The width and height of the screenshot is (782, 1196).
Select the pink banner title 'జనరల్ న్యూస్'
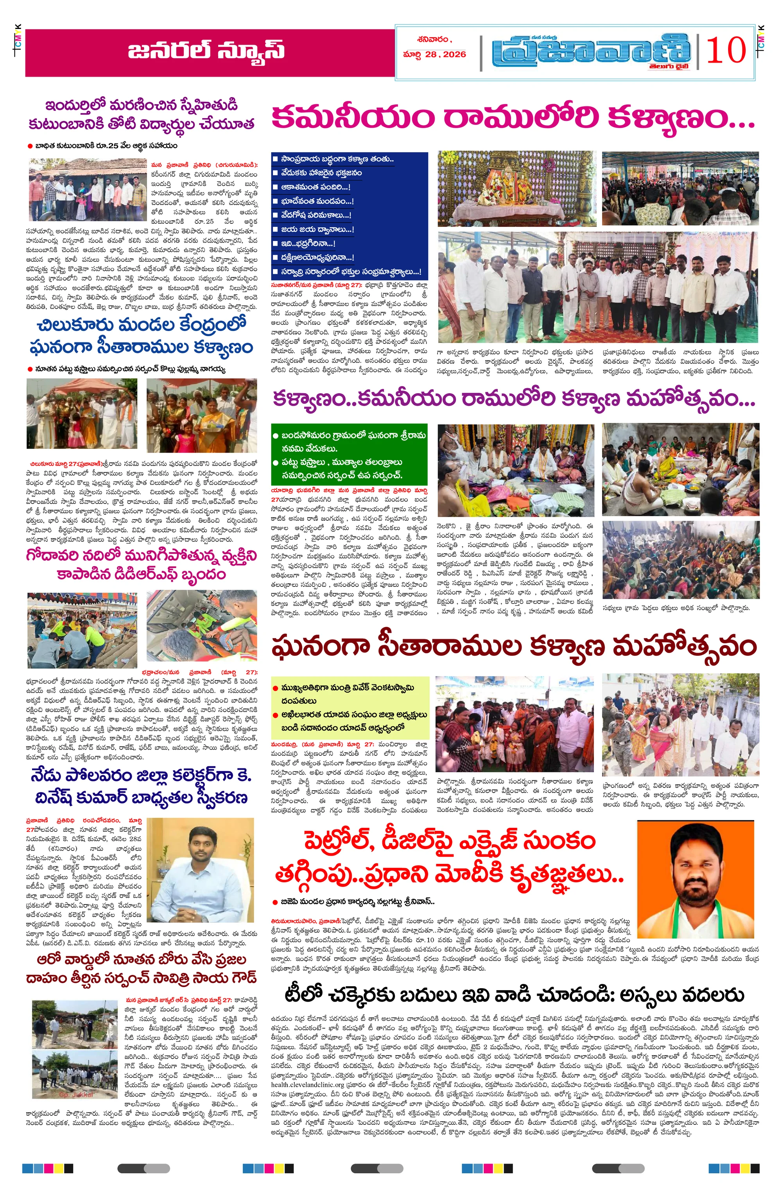[206, 51]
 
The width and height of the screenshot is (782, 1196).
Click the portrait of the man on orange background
[695, 879]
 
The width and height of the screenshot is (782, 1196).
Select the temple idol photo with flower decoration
[516, 189]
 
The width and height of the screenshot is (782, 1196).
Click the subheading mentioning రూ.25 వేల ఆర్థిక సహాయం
[106, 146]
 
